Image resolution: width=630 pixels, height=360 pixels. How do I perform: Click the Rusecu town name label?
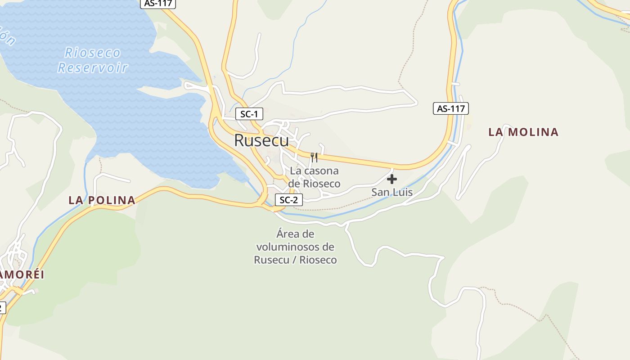tap(261, 140)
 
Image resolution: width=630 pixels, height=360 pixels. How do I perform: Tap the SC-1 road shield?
tap(249, 114)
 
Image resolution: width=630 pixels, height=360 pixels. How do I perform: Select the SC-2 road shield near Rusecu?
tap(288, 200)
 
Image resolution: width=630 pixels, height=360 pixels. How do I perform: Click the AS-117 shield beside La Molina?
tap(450, 108)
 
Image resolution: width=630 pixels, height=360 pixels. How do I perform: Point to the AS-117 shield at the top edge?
tap(157, 3)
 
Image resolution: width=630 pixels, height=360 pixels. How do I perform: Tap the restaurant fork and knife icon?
tap(314, 157)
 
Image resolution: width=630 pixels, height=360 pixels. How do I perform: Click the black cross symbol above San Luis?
tap(391, 179)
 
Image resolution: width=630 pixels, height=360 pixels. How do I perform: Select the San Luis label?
tap(391, 193)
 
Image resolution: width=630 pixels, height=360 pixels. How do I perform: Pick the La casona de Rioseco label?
tap(314, 177)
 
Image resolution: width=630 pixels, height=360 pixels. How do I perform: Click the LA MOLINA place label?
tap(523, 132)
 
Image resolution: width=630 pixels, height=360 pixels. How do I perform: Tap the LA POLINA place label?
tap(102, 200)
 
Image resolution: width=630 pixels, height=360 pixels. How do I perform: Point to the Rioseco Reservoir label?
tap(93, 60)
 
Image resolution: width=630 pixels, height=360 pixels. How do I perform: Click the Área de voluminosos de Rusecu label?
tap(295, 247)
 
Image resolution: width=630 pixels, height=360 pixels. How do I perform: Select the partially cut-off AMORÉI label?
tap(22, 275)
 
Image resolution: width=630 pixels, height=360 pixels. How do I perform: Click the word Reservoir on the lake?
tap(93, 68)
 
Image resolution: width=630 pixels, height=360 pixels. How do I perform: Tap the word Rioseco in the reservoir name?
tap(93, 53)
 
